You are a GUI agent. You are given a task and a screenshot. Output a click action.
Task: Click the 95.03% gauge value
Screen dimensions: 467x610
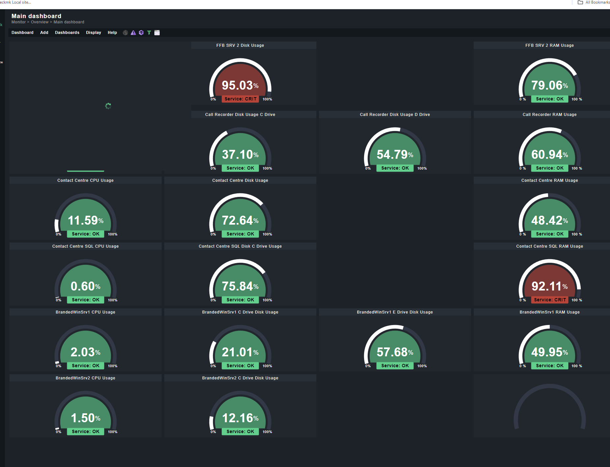click(240, 85)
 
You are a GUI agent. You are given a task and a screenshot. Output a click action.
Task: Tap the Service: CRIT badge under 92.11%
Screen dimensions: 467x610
click(549, 300)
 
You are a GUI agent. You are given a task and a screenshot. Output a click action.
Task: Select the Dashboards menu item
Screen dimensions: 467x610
click(67, 33)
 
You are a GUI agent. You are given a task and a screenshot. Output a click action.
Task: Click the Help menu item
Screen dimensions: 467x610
click(112, 33)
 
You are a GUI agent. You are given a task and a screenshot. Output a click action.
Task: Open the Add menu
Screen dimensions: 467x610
click(44, 33)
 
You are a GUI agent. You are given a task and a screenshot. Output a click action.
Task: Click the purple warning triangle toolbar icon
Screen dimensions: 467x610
click(133, 33)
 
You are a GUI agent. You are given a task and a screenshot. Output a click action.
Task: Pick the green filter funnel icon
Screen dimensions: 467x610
click(149, 33)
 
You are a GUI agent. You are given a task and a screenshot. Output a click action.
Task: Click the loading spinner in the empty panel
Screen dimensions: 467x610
click(108, 106)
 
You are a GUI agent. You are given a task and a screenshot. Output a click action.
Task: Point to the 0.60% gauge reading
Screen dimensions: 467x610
click(85, 286)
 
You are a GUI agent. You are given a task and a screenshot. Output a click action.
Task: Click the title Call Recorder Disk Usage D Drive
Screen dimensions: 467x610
click(395, 115)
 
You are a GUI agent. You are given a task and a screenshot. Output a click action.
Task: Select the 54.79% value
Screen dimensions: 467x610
click(395, 154)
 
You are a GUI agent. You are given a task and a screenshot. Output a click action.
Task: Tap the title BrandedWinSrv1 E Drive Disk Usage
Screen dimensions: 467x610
click(395, 312)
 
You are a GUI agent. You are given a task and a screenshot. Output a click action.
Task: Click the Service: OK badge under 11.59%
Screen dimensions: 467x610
click(86, 234)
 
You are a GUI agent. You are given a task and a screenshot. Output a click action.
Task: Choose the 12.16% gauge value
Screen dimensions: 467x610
click(240, 418)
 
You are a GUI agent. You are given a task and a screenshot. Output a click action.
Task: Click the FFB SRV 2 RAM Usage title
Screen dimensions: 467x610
click(549, 45)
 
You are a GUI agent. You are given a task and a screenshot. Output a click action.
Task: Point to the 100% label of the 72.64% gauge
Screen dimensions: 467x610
click(267, 234)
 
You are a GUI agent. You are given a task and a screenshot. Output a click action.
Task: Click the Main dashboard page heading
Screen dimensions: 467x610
click(36, 16)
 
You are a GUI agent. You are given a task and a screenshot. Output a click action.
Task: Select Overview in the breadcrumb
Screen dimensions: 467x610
click(40, 22)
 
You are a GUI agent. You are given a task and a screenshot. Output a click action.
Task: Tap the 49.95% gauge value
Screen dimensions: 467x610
click(549, 352)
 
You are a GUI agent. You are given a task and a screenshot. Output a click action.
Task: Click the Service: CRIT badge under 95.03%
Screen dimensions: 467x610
click(240, 99)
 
